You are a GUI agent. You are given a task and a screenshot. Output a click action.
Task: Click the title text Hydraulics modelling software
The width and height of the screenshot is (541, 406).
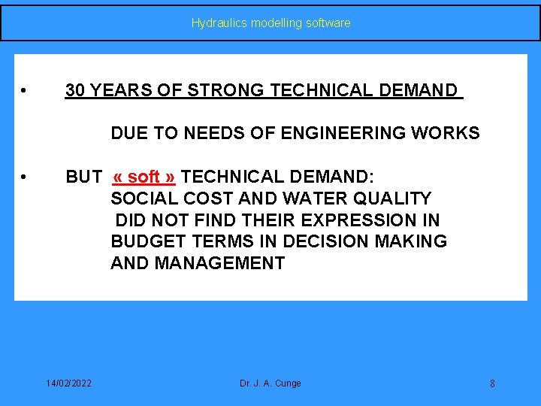point(270,23)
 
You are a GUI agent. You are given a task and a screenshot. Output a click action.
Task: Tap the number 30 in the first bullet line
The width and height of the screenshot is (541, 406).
point(74,91)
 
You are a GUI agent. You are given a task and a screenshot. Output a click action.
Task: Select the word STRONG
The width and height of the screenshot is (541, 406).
point(225,91)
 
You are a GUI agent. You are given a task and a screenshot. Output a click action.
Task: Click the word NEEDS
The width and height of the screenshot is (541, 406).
point(225,134)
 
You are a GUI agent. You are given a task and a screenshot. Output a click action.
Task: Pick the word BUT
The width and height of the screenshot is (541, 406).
point(83,177)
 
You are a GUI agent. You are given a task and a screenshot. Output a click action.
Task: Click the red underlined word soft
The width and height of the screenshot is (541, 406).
point(144,177)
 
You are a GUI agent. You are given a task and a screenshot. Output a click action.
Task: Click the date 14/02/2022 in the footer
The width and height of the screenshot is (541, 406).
point(68,383)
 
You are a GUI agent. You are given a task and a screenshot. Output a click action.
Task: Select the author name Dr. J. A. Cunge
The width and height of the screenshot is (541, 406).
point(270,383)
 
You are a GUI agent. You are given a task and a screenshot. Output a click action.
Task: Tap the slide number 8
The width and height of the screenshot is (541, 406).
point(492,384)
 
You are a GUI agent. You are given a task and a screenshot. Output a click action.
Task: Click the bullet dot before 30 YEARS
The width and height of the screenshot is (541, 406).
point(26,92)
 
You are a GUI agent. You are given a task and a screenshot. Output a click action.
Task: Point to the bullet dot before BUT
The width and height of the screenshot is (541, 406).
point(26,178)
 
